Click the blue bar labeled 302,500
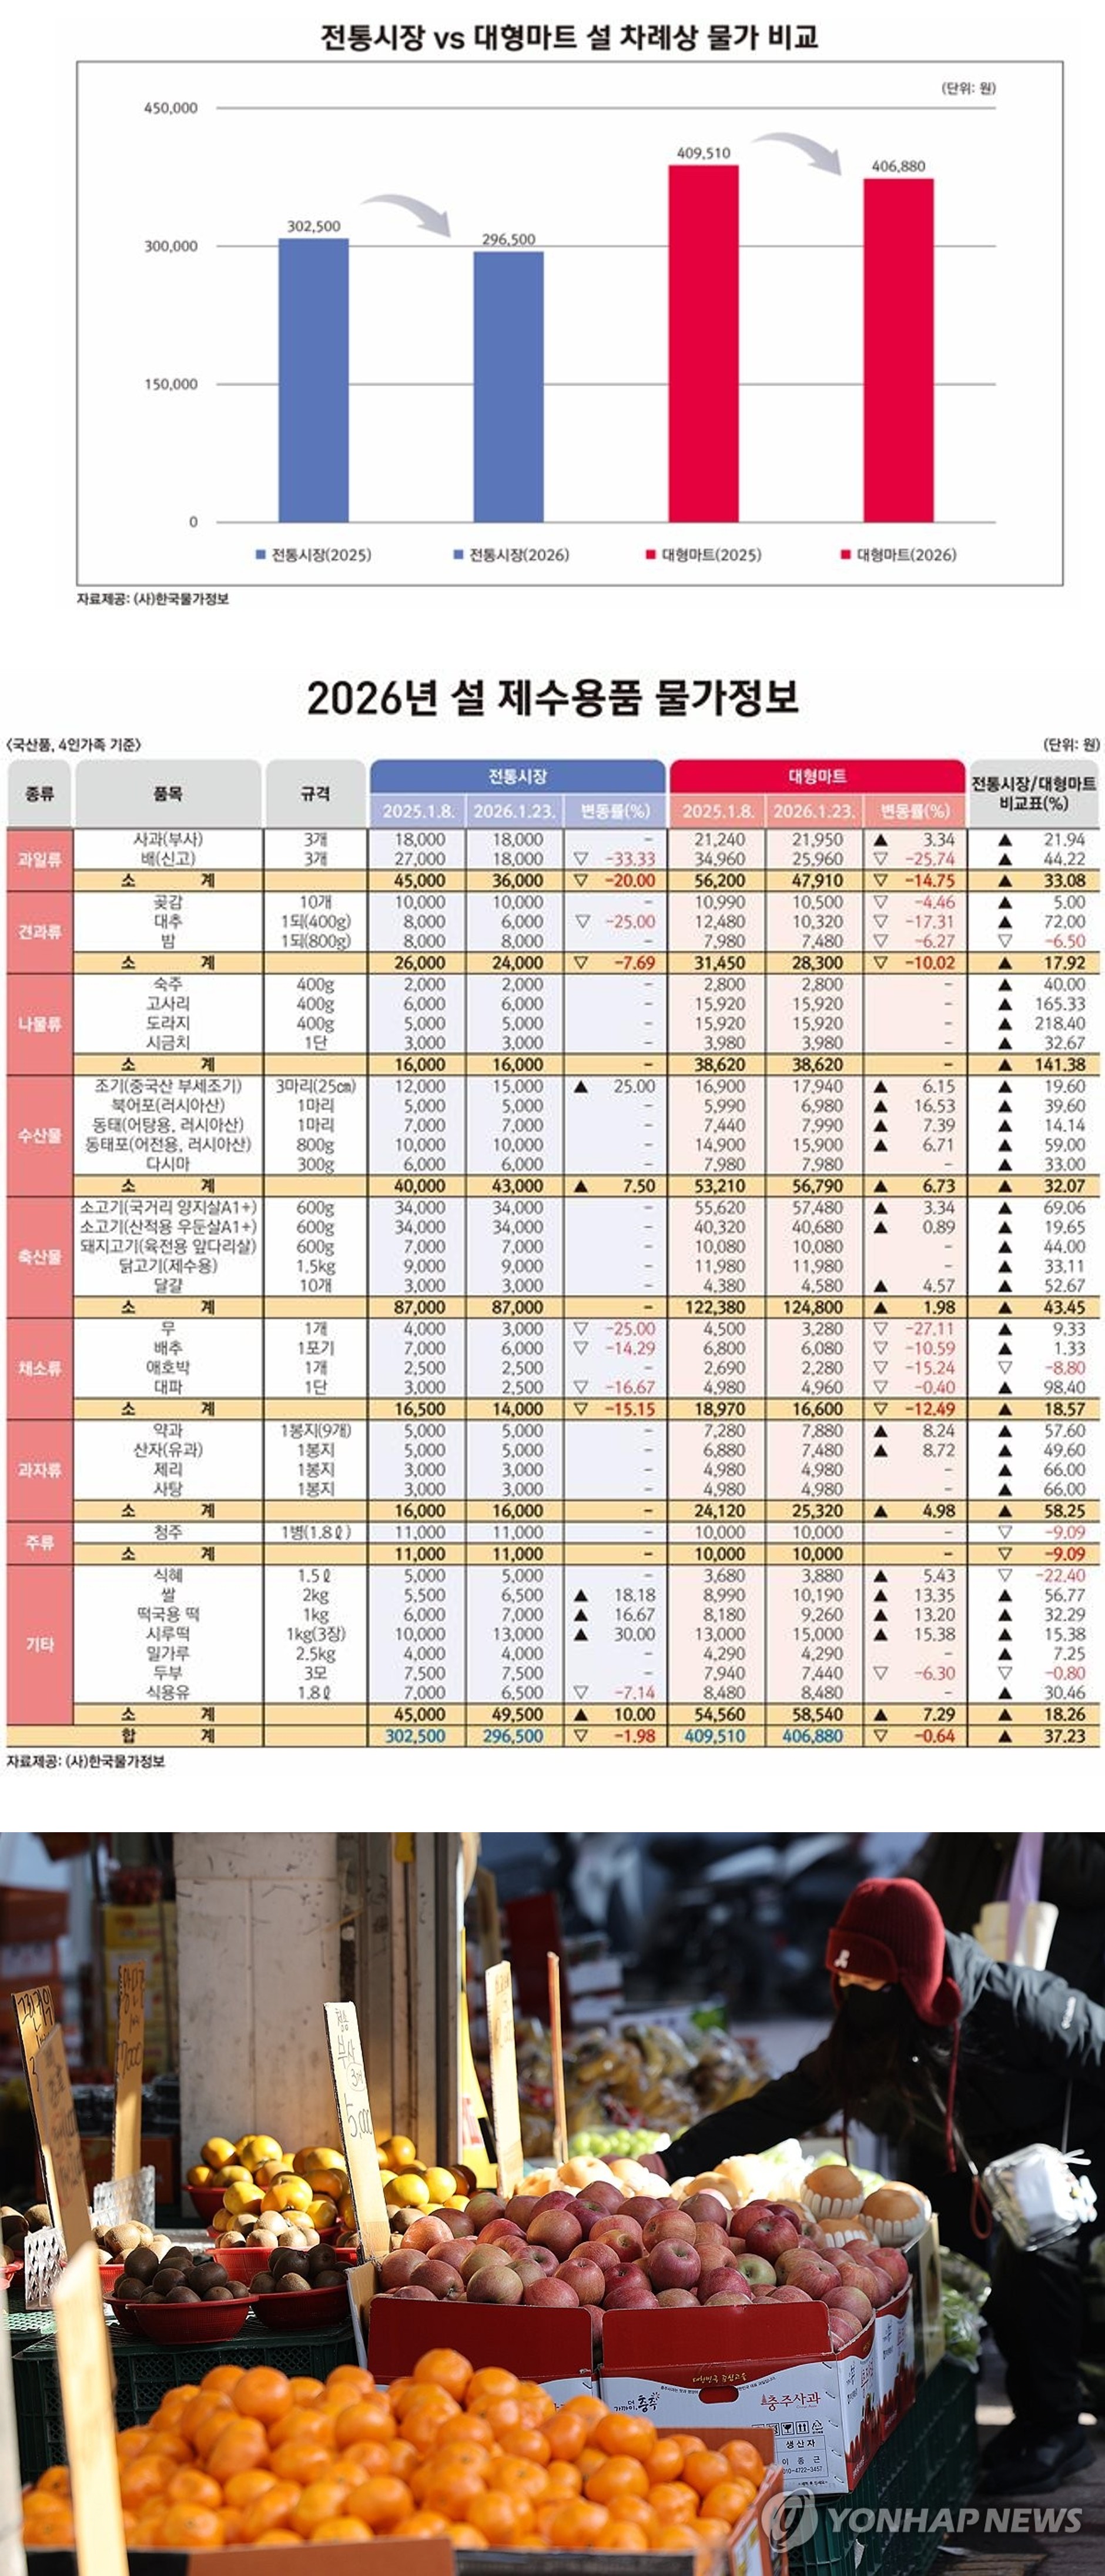pyautogui.click(x=313, y=380)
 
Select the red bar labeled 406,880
pyautogui.click(x=898, y=350)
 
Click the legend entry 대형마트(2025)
pyautogui.click(x=704, y=555)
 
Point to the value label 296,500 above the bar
pyautogui.click(x=509, y=239)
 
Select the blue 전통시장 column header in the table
pyautogui.click(x=517, y=776)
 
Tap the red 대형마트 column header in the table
pyautogui.click(x=817, y=776)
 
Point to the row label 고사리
pyautogui.click(x=168, y=1003)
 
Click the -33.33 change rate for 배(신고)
pyautogui.click(x=630, y=859)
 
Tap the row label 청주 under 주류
pyautogui.click(x=168, y=1532)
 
